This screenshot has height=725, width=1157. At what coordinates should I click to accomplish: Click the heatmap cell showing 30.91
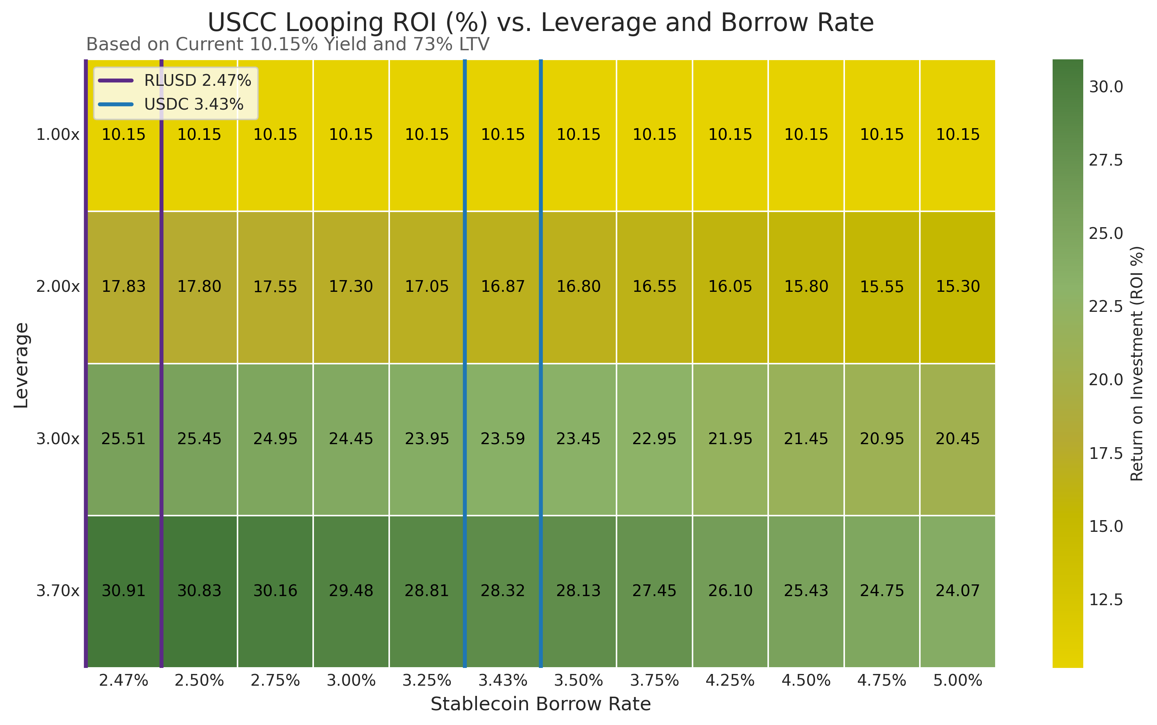click(x=123, y=591)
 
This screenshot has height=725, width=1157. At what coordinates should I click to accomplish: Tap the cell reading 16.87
click(x=503, y=287)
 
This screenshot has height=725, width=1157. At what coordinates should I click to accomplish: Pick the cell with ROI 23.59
click(x=503, y=439)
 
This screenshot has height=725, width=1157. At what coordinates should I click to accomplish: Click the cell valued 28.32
click(x=503, y=591)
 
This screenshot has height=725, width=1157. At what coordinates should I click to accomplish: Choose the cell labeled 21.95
click(x=730, y=439)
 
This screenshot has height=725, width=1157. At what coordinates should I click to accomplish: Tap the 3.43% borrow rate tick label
click(x=503, y=680)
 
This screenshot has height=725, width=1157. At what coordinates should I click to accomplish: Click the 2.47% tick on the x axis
click(x=123, y=680)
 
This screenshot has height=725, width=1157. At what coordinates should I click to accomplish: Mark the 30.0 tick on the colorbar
click(x=1106, y=87)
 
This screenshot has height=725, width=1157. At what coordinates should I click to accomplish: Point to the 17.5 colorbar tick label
click(x=1106, y=453)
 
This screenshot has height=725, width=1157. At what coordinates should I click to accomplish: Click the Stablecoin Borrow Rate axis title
click(x=540, y=704)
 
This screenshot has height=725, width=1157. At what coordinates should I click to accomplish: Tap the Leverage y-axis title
click(x=21, y=366)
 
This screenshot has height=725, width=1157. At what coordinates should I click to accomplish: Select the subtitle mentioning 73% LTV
click(x=288, y=44)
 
